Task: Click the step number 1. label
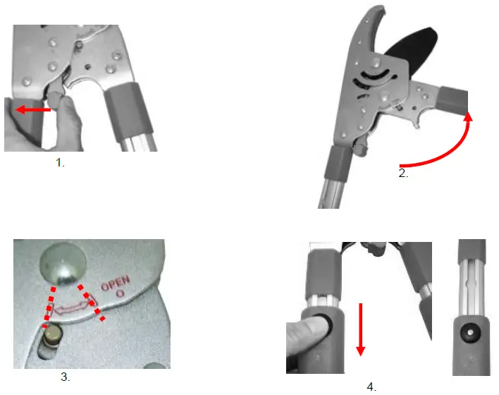(x=60, y=163)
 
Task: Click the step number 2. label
(x=403, y=174)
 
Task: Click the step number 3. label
(x=66, y=377)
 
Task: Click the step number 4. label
(x=371, y=387)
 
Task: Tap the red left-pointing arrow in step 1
(x=33, y=110)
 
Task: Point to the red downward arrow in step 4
(x=361, y=329)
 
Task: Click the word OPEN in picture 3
(x=116, y=283)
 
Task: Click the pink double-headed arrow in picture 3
(x=71, y=308)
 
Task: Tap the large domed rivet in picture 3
(x=63, y=263)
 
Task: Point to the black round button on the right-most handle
(x=469, y=332)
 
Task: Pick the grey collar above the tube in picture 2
(x=338, y=164)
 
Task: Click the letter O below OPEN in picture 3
(x=120, y=293)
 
